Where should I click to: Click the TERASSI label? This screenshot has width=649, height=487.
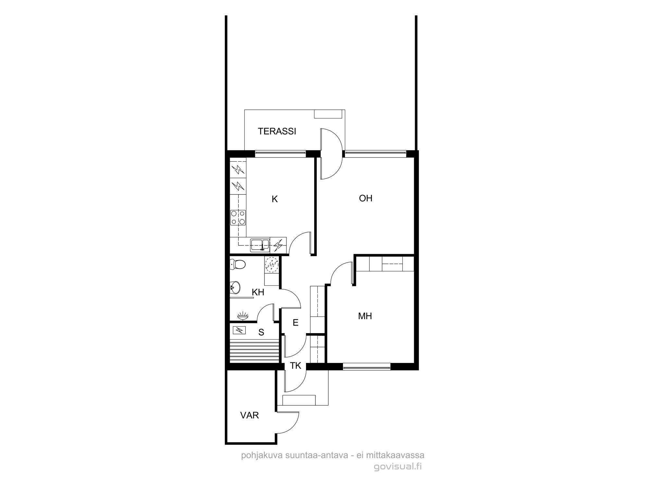(277, 131)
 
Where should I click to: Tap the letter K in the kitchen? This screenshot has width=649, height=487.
(275, 199)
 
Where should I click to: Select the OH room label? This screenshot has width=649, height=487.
(366, 198)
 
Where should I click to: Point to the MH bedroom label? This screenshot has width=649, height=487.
(365, 316)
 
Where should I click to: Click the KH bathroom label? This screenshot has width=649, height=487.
(258, 292)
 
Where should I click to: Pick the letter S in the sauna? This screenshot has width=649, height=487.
(261, 332)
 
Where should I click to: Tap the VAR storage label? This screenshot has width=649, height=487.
(250, 415)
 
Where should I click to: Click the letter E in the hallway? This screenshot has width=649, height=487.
(295, 322)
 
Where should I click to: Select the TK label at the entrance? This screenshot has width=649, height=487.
(296, 366)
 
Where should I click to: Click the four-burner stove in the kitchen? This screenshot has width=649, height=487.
(238, 218)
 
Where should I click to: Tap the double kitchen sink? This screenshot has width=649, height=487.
(260, 245)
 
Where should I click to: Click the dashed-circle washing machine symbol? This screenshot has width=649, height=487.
(272, 264)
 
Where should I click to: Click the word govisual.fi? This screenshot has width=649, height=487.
(398, 467)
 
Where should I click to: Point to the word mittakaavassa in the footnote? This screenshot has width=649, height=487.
(395, 456)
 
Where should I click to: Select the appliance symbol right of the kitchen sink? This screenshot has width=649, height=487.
(278, 245)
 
